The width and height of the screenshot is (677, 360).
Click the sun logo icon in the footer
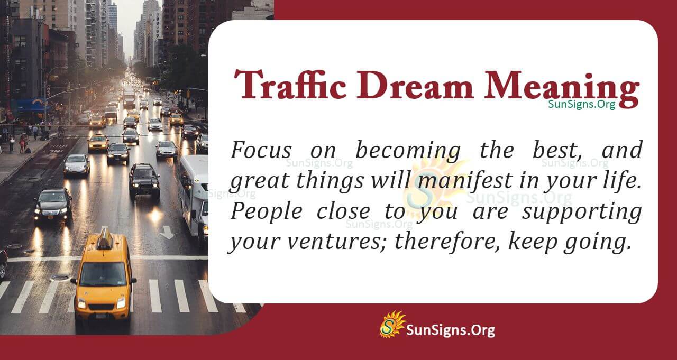pyautogui.click(x=392, y=324)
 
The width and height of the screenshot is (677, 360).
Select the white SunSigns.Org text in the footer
pyautogui.click(x=450, y=330)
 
